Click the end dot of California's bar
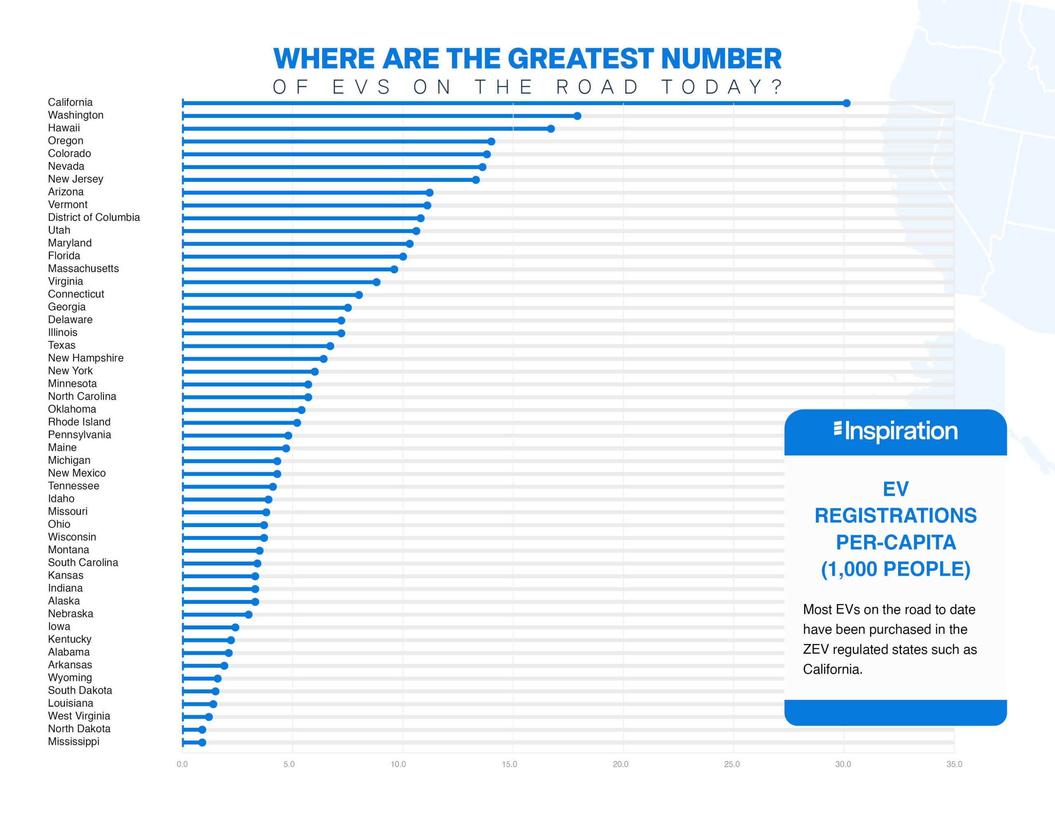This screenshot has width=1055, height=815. pyautogui.click(x=846, y=103)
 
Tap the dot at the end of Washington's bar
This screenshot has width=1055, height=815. pyautogui.click(x=577, y=116)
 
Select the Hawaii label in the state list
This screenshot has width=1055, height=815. pyautogui.click(x=64, y=128)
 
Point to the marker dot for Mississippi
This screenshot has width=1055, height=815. pyautogui.click(x=202, y=742)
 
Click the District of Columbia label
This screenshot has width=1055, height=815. pyautogui.click(x=94, y=218)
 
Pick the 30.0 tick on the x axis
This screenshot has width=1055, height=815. pyautogui.click(x=843, y=764)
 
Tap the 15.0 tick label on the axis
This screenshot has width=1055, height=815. pyautogui.click(x=509, y=764)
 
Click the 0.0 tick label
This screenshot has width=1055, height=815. pyautogui.click(x=182, y=764)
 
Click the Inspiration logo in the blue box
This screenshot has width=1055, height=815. pyautogui.click(x=896, y=431)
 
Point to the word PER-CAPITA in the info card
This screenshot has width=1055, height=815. pyautogui.click(x=896, y=543)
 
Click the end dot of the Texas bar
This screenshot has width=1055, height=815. pyautogui.click(x=331, y=346)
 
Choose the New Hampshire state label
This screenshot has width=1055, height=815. pyautogui.click(x=85, y=358)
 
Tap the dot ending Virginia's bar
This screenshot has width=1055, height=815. pyautogui.click(x=377, y=282)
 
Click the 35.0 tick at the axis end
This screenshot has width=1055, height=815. pyautogui.click(x=954, y=764)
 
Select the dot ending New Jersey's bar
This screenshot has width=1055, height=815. pyautogui.click(x=476, y=180)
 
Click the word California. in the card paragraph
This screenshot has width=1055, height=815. pyautogui.click(x=833, y=670)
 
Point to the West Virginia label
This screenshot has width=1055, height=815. pyautogui.click(x=79, y=716)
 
